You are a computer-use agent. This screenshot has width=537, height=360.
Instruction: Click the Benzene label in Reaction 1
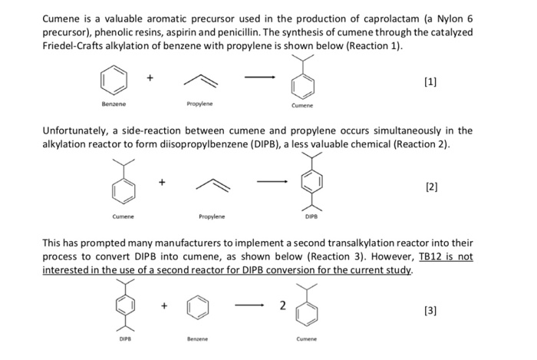click(x=114, y=102)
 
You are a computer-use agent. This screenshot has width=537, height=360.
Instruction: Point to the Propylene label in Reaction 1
click(x=199, y=102)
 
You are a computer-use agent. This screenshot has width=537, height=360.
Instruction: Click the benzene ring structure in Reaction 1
click(x=113, y=80)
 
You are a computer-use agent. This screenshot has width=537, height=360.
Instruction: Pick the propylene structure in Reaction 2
click(x=200, y=184)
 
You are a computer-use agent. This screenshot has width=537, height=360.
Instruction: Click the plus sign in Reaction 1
click(x=150, y=77)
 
